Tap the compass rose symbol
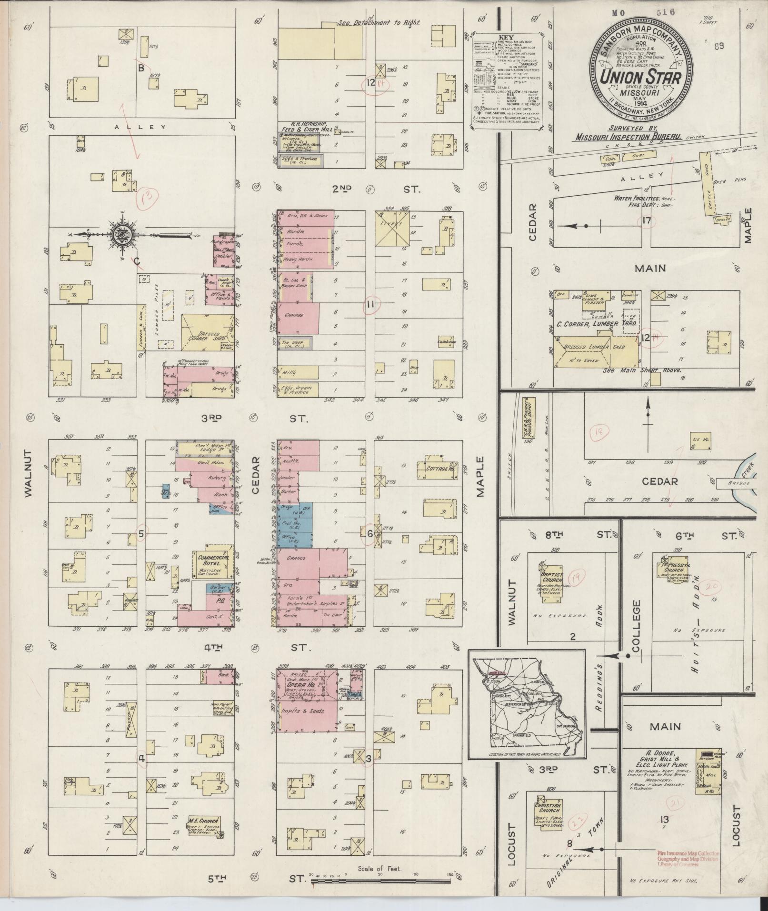coord(120,234)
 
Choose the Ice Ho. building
coord(700,441)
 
